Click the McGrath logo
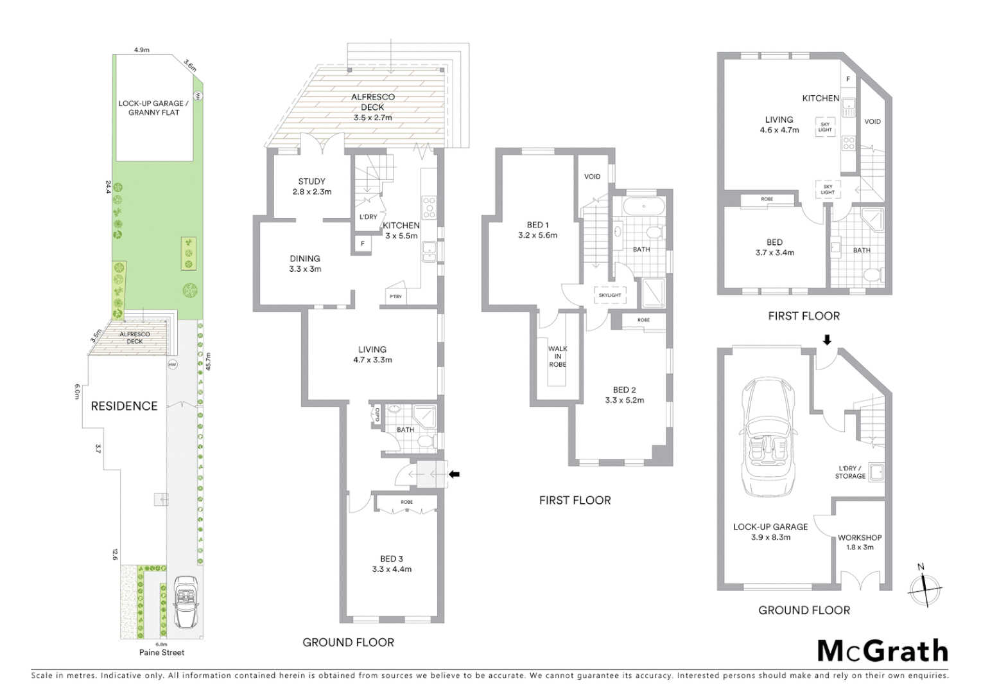pos(882,651)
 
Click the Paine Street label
pos(162,652)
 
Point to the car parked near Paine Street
pos(185,602)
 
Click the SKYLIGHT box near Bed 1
pos(610,295)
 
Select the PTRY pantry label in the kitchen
pos(395,296)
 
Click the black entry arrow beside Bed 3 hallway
pos(455,474)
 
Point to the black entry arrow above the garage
pos(827,339)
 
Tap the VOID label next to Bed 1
pos(592,176)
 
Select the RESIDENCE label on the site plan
pos(124,405)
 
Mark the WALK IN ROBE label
pos(557,357)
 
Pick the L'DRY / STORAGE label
pos(850,472)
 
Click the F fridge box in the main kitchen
pos(363,244)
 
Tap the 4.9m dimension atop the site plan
pos(142,49)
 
